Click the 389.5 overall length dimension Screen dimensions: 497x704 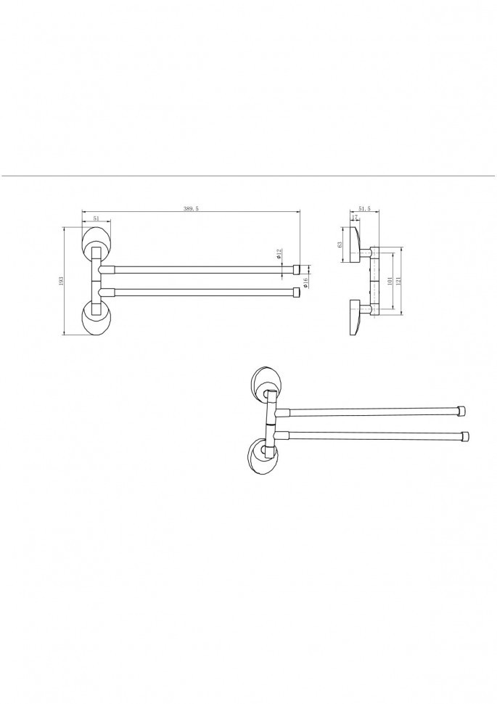coord(191,208)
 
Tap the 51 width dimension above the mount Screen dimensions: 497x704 coord(96,218)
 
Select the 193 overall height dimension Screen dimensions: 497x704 coord(62,281)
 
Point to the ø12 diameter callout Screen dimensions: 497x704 coord(279,254)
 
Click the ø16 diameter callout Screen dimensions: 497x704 coord(305,282)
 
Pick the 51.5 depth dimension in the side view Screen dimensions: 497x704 coord(364,208)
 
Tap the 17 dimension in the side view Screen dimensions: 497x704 coord(354,217)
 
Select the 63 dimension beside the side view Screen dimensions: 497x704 coord(340,245)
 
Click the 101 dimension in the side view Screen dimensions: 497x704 coord(390,281)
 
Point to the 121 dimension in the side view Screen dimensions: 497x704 coord(398,281)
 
